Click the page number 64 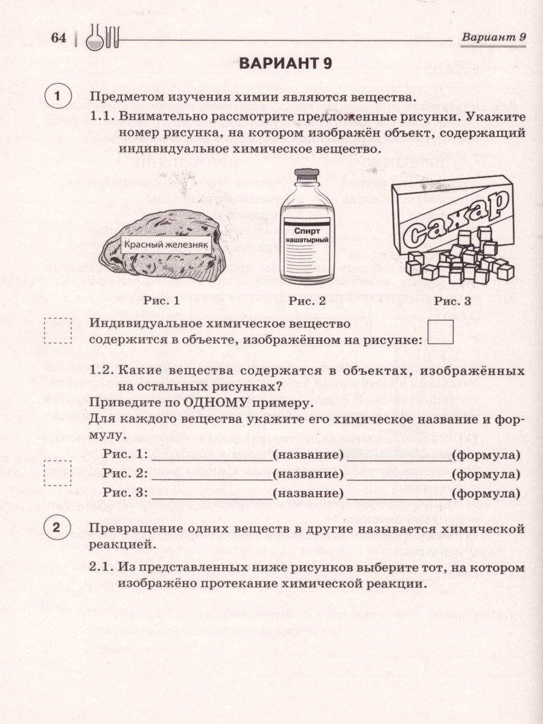click(58, 39)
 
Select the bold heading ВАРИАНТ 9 click(286, 65)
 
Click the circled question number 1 click(57, 97)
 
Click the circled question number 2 click(57, 529)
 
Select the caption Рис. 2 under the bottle click(306, 300)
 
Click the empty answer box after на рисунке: click(440, 332)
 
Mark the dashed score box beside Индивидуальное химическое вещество click(58, 331)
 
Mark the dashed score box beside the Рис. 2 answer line click(58, 473)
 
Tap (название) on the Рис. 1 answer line click(308, 455)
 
